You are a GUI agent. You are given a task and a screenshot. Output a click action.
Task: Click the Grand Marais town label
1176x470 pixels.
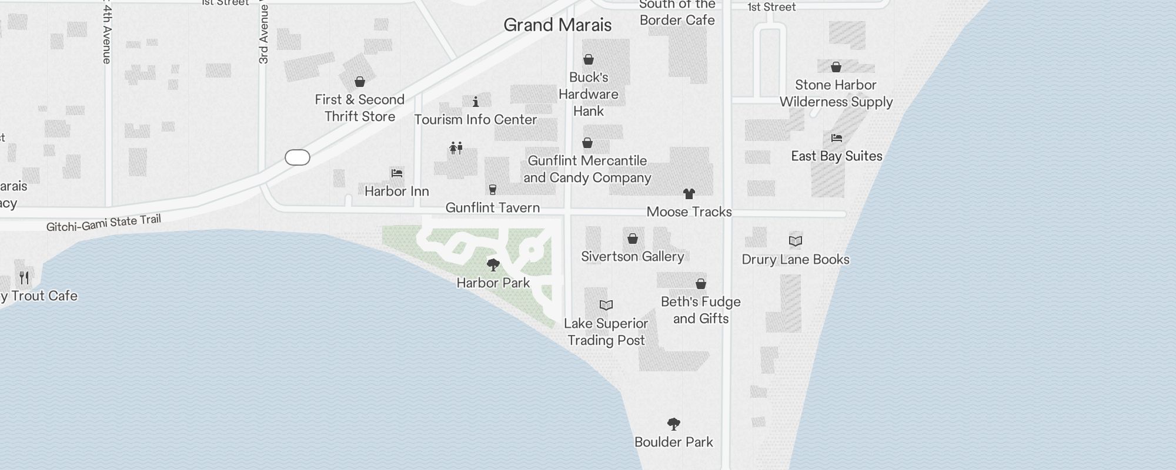tap(557, 25)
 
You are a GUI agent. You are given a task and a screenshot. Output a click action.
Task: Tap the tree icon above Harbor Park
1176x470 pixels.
tap(493, 265)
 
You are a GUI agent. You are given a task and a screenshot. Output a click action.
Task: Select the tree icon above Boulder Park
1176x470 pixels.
tap(674, 424)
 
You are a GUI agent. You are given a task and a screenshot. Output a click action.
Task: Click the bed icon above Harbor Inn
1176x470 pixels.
tap(397, 173)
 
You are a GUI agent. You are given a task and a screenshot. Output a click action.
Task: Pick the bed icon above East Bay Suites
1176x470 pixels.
tap(837, 138)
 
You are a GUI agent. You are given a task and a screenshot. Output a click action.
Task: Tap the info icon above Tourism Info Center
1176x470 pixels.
tap(476, 102)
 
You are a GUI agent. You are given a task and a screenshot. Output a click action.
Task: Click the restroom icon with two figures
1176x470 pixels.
tap(456, 147)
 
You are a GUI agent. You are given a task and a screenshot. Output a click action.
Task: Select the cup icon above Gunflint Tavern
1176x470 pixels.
tap(493, 190)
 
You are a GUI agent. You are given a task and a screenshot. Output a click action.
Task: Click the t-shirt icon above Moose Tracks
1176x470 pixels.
tap(689, 194)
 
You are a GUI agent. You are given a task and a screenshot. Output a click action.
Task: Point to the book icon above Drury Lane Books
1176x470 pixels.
tap(796, 241)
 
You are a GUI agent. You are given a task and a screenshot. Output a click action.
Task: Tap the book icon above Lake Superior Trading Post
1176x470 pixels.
tap(606, 305)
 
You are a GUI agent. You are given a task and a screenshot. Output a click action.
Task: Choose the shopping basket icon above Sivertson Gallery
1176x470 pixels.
tap(633, 239)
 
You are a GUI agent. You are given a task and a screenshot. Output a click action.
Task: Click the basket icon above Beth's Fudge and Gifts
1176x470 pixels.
tap(701, 284)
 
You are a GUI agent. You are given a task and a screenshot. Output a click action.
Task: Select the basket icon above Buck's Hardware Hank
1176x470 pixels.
tap(589, 59)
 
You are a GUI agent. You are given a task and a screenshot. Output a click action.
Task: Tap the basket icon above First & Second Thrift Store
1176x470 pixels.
tap(360, 82)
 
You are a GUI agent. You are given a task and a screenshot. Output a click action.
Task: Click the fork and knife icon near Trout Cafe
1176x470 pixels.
tap(24, 277)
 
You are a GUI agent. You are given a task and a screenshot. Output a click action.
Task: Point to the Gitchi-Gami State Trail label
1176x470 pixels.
tap(103, 223)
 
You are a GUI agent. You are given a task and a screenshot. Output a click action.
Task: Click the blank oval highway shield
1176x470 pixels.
tap(298, 157)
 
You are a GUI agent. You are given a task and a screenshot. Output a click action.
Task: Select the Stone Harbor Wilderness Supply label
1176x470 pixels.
tap(836, 93)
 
